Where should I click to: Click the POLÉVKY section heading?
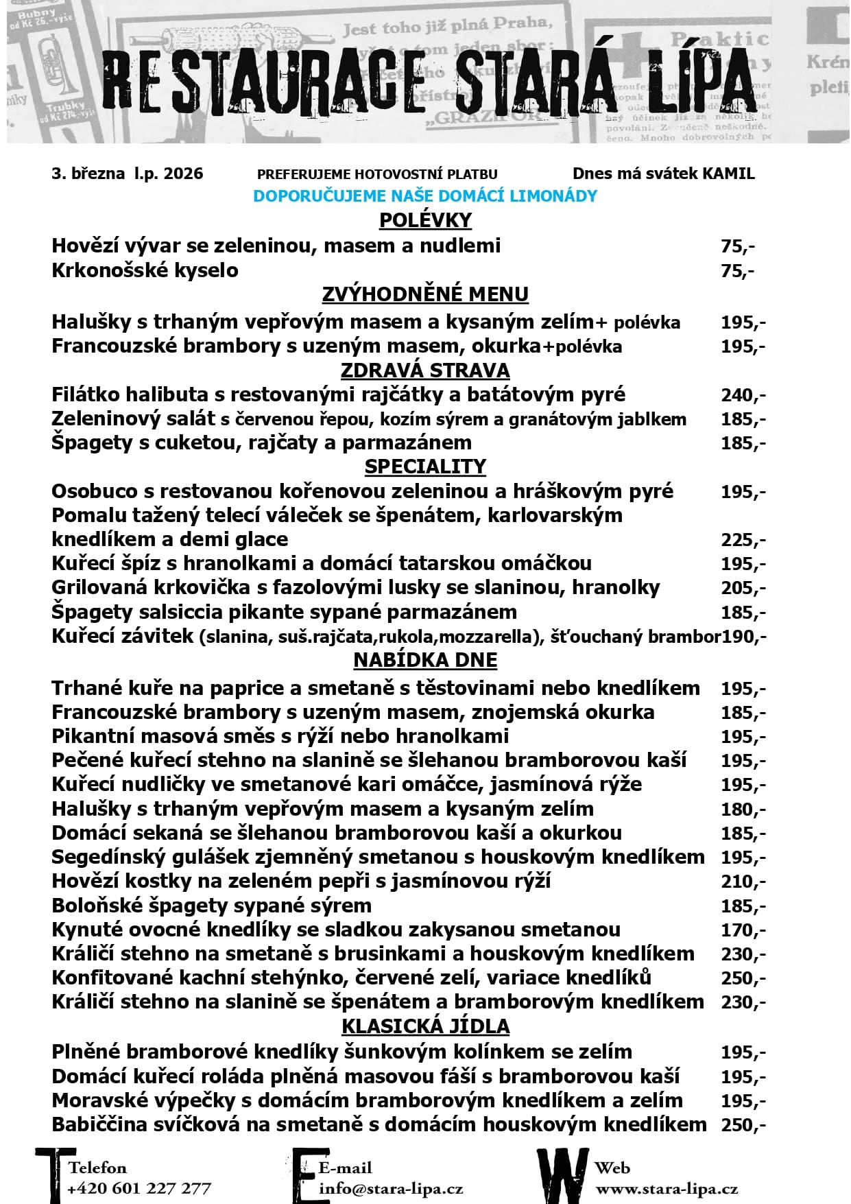(x=425, y=220)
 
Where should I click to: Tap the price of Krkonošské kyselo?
(x=737, y=270)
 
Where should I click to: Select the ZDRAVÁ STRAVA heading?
(x=425, y=370)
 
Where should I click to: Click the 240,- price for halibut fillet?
(x=743, y=395)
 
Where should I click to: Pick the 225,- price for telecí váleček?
(x=743, y=540)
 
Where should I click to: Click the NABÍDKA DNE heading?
(x=425, y=660)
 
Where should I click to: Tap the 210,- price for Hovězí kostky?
(x=743, y=882)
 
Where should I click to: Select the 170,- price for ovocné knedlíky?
(x=743, y=930)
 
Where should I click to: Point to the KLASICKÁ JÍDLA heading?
(x=425, y=1026)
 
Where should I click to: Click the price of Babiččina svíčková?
(x=743, y=1125)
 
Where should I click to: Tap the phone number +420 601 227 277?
(x=139, y=1189)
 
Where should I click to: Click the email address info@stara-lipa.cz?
(x=391, y=1189)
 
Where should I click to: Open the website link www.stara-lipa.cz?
(x=667, y=1189)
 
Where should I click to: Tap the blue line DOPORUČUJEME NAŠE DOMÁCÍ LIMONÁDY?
(x=425, y=196)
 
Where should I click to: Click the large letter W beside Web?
(x=562, y=1175)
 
